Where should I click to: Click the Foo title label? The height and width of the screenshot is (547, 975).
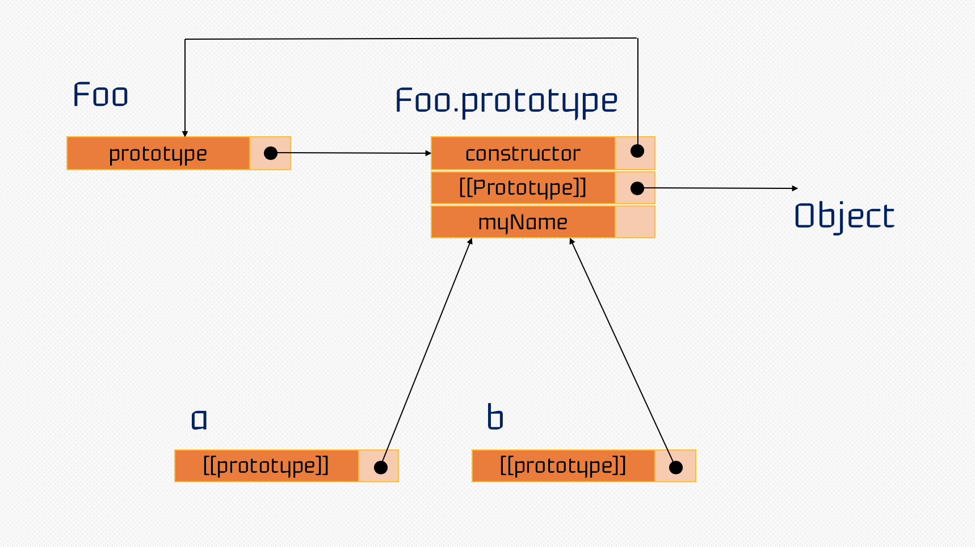[100, 95]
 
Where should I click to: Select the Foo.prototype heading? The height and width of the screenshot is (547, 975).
[506, 102]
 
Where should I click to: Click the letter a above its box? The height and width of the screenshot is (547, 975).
[199, 419]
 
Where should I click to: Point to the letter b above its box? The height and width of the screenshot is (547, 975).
[495, 418]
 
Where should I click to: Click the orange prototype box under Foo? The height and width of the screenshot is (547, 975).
[158, 153]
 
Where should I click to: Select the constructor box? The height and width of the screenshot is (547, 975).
[523, 153]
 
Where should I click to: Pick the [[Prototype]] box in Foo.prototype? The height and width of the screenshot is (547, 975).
[523, 188]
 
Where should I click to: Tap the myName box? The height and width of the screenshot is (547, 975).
[523, 222]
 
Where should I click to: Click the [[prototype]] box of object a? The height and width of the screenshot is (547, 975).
[266, 466]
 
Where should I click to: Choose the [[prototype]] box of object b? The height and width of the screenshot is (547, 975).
[563, 466]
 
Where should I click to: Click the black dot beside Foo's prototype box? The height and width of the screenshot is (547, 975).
[271, 153]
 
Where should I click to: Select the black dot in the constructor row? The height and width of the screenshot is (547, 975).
[637, 151]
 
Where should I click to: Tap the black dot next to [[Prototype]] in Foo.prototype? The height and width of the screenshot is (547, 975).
[637, 188]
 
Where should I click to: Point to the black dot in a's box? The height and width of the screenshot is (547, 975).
[381, 468]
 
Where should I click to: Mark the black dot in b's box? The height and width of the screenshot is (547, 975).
[676, 468]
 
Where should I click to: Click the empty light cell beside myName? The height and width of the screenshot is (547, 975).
[635, 222]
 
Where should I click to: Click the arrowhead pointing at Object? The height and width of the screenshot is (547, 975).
[795, 188]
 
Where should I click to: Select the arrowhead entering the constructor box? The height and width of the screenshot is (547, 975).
[428, 153]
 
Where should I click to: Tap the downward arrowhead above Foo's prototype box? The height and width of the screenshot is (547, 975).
[185, 134]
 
